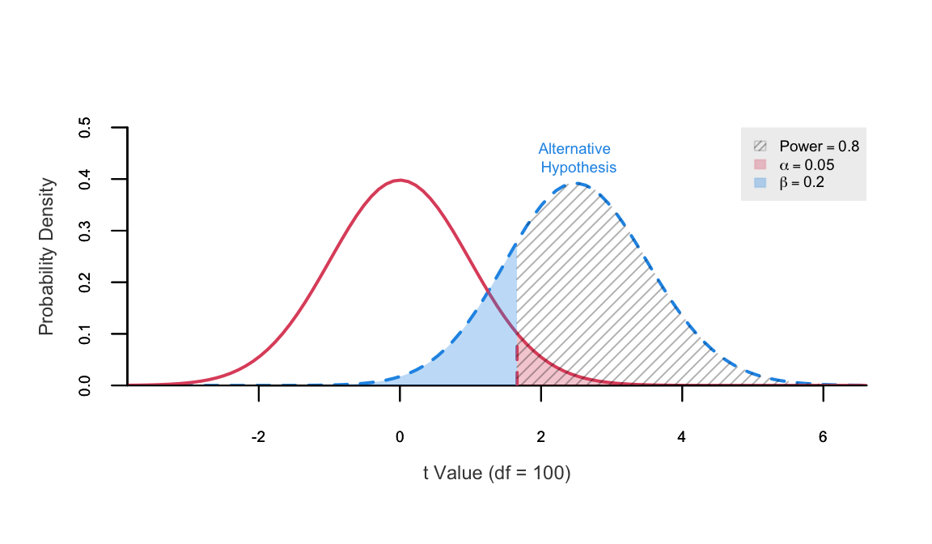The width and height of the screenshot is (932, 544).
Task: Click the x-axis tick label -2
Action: (258, 437)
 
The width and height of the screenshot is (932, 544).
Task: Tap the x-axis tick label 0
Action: (400, 437)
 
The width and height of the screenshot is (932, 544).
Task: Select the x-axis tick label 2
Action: (541, 437)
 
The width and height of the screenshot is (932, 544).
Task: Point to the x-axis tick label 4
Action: (682, 437)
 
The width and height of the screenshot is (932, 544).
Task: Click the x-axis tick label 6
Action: (823, 437)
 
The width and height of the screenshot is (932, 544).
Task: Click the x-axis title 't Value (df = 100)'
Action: (497, 474)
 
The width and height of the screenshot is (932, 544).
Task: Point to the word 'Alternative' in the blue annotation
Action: (574, 149)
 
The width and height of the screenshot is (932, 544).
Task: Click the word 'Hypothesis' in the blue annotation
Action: (578, 168)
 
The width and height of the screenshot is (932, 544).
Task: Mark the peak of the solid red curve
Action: (400, 181)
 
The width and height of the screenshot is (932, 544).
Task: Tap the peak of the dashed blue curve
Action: (578, 184)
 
